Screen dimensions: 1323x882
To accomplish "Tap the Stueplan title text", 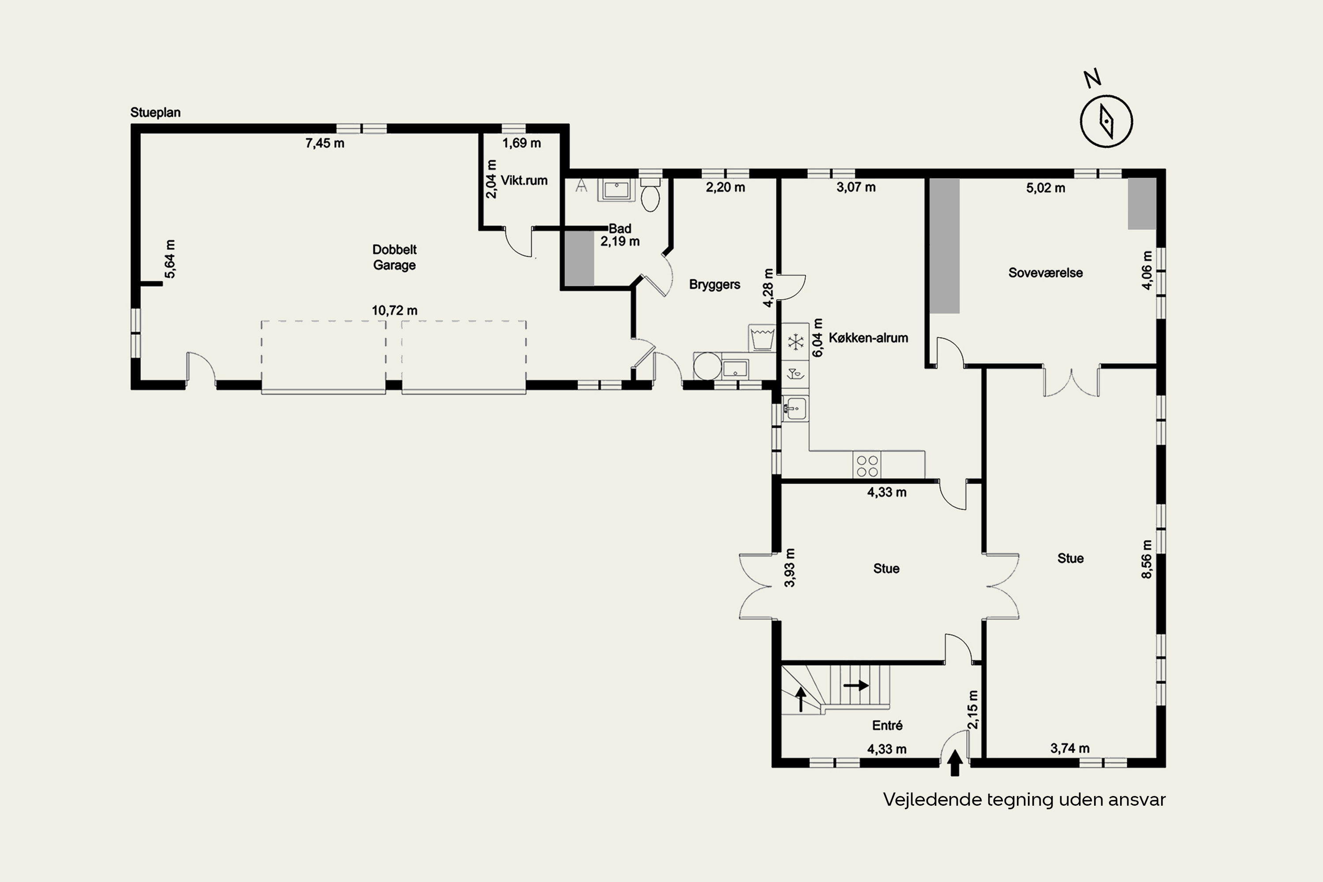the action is click(x=155, y=112).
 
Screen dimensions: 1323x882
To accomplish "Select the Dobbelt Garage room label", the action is click(x=394, y=257).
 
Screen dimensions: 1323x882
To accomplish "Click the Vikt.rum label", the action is click(x=524, y=180).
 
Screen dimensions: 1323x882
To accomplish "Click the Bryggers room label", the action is click(x=714, y=284).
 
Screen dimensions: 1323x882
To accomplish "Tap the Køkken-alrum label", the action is click(x=868, y=338).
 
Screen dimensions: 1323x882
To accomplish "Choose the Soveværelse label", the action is click(x=1045, y=273).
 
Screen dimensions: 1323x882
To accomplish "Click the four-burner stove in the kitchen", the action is click(x=867, y=466).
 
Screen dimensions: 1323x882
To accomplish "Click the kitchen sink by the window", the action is click(x=794, y=408).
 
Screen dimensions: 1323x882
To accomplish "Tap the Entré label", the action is click(x=887, y=725).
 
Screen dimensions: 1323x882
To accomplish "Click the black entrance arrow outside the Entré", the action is click(x=955, y=763).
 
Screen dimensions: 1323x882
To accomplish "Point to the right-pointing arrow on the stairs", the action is click(x=856, y=686).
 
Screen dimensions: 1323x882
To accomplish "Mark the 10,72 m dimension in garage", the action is click(x=394, y=310).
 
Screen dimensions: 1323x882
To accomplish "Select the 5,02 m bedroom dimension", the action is click(x=1046, y=188).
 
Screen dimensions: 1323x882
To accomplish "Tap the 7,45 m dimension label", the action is click(x=325, y=143).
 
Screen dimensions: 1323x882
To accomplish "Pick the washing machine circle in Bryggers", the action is click(x=707, y=366).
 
